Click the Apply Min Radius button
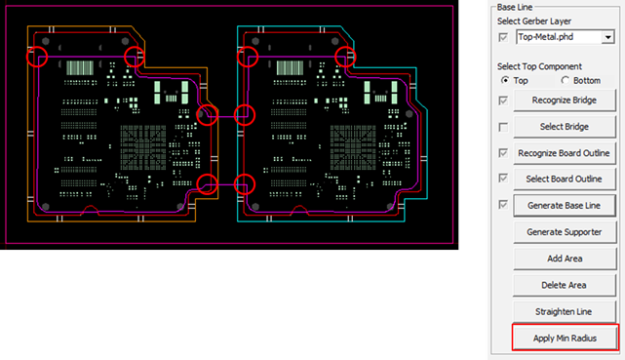[x=565, y=339]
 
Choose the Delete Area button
[x=564, y=285]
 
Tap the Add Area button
[x=565, y=259]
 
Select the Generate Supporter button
[x=565, y=231]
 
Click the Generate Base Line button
[x=565, y=205]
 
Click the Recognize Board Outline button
[x=565, y=153]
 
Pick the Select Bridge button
[x=565, y=127]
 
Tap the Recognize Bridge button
[x=565, y=100]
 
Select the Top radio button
[x=505, y=80]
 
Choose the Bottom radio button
[x=565, y=80]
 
